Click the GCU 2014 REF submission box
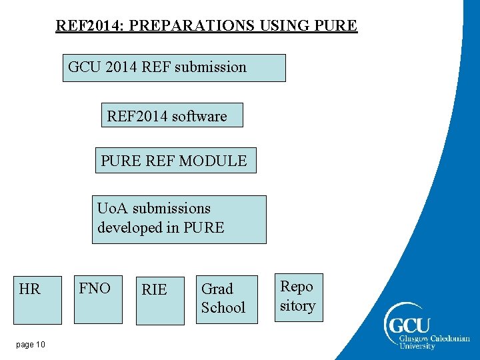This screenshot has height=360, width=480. point(174,68)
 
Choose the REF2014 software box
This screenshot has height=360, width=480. point(172,115)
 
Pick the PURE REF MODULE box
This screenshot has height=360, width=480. point(175,161)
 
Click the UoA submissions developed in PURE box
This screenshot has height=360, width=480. point(179,219)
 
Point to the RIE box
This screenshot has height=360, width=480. point(160,300)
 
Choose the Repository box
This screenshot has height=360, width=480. point(299,297)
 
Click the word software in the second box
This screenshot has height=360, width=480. point(199,117)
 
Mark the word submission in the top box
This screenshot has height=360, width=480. point(211,67)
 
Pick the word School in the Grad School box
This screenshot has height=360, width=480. point(223,308)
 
